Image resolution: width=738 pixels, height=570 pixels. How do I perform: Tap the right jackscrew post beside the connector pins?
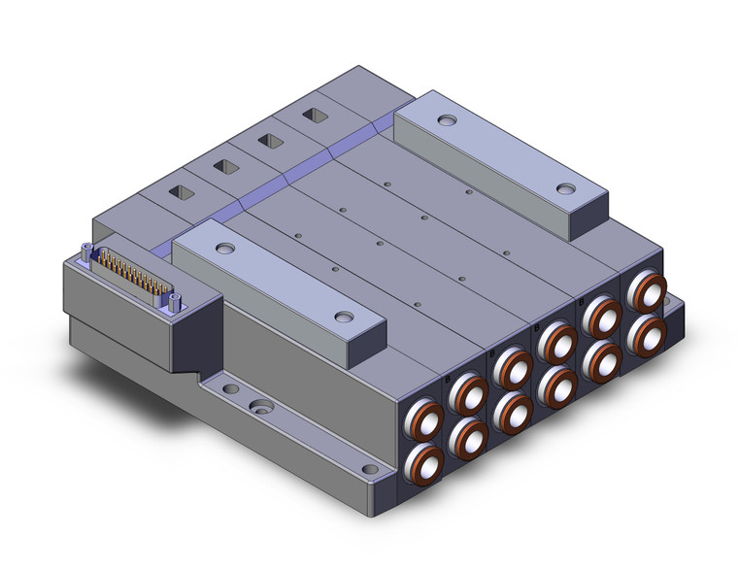[175, 302]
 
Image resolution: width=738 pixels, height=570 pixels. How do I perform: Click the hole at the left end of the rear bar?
[446, 121]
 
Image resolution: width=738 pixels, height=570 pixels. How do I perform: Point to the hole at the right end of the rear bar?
[564, 188]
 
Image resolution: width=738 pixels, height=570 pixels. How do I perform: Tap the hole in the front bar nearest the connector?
[224, 250]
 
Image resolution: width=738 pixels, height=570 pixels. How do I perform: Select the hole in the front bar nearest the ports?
[343, 318]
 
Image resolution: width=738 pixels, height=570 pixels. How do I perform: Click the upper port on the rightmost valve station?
[646, 291]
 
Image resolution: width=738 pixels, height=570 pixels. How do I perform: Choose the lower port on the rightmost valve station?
[646, 335]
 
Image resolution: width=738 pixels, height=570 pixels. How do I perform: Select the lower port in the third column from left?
[515, 412]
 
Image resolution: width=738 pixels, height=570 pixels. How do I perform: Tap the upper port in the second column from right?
[602, 316]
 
